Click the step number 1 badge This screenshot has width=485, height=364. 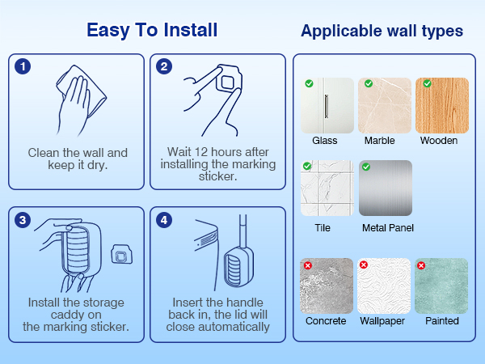click(23, 66)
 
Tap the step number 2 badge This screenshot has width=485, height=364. click(164, 66)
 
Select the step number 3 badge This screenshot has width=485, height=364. click(23, 220)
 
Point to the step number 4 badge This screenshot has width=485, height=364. click(164, 220)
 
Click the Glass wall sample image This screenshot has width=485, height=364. click(327, 105)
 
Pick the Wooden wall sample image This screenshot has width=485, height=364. click(442, 105)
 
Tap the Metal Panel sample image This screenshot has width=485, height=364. click(386, 188)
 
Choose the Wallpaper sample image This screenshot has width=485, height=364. click(384, 286)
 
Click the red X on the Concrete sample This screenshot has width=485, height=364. click(308, 265)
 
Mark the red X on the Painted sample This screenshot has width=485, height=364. click(421, 265)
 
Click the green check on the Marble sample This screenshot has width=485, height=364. click(369, 83)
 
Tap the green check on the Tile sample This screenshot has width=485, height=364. click(307, 166)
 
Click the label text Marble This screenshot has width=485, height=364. click(380, 141)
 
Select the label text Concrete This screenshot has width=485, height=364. click(326, 321)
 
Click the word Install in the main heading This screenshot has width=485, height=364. click(190, 30)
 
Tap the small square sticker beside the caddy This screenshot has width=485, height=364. click(121, 255)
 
